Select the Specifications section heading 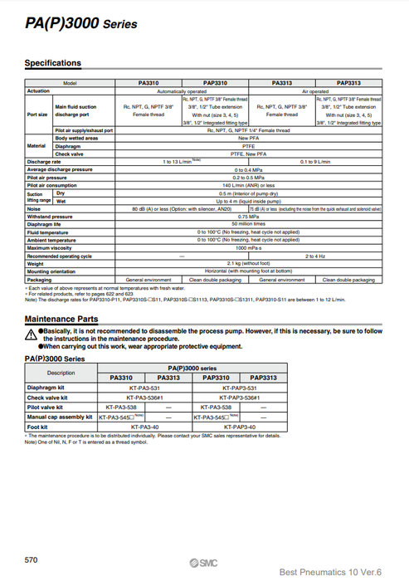point(53,63)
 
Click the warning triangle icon point(32,333)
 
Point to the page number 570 point(32,560)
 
